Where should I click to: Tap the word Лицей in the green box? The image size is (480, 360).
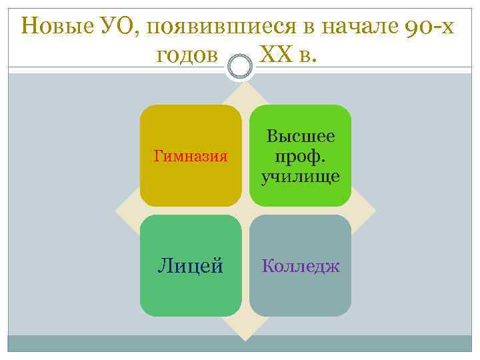point(190,266)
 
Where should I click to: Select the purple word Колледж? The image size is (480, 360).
point(301,266)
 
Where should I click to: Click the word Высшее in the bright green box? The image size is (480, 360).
point(301,137)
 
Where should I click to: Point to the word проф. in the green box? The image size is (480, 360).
point(301,157)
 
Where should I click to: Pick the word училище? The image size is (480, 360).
point(301,177)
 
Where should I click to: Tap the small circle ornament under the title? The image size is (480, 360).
point(239,67)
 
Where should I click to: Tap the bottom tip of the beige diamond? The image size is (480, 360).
point(245,336)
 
